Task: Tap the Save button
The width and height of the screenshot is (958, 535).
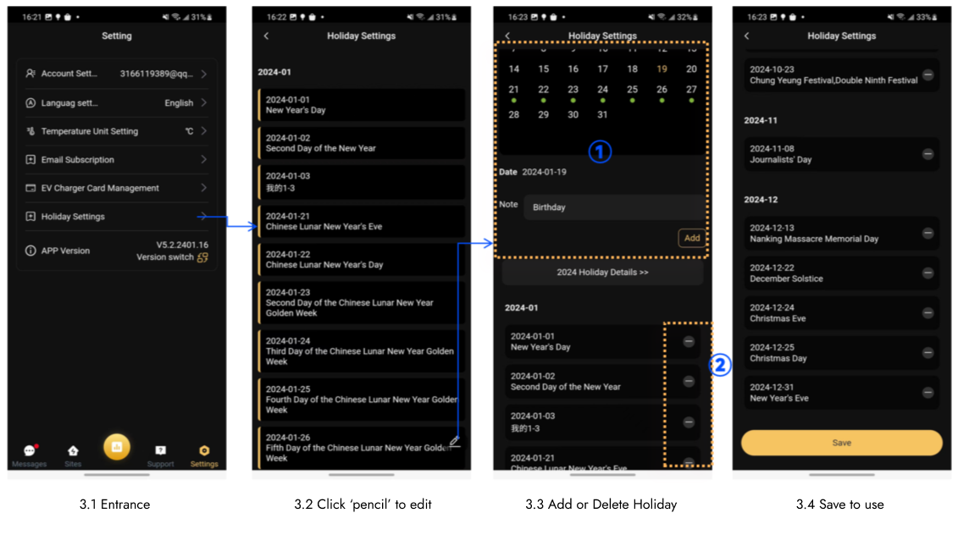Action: point(841,443)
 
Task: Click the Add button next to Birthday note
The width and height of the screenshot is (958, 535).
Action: point(692,238)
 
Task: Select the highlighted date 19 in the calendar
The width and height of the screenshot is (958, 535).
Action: point(662,69)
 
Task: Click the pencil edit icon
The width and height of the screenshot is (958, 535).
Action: point(455,441)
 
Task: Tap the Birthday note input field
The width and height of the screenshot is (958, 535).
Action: point(614,207)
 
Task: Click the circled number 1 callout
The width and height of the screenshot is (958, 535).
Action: point(600,152)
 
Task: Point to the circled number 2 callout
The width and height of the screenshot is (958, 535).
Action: point(720,365)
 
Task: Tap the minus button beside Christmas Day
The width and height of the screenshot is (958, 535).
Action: point(928,353)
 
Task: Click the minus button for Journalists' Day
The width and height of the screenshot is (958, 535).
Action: point(928,154)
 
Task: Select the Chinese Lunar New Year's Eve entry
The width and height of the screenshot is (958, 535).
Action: point(362,221)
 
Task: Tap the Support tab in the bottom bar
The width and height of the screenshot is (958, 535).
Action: point(160,455)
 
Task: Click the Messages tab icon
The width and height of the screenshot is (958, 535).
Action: point(30,450)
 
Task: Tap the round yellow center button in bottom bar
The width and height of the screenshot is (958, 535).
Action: point(117,446)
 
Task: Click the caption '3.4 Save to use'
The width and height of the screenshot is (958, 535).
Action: point(839,505)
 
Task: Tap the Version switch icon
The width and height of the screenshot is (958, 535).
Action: point(202,257)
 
